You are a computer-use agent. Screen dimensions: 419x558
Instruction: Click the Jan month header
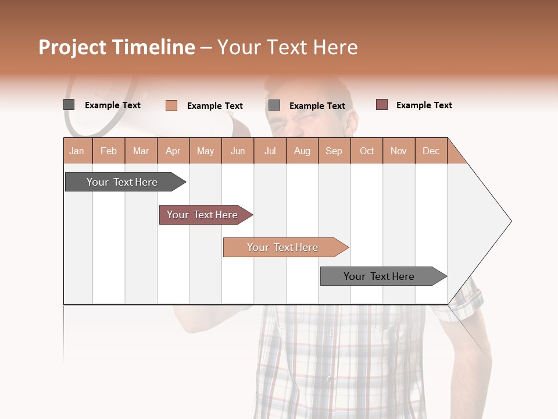tap(77, 151)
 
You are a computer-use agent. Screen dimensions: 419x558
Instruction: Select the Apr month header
tap(173, 151)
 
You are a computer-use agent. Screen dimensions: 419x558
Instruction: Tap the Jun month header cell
tap(238, 151)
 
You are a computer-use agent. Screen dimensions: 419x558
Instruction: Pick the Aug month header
tap(302, 151)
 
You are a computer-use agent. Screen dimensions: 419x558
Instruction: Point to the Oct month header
tap(367, 151)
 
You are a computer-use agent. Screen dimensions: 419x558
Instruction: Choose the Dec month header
tap(431, 151)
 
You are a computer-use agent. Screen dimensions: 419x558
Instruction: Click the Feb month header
tap(109, 151)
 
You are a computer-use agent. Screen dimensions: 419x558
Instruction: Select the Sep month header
tap(334, 151)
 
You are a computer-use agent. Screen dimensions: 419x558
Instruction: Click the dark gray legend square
tap(69, 105)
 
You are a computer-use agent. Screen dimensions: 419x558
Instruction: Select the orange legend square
tap(171, 105)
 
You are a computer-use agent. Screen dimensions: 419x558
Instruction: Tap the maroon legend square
tap(382, 105)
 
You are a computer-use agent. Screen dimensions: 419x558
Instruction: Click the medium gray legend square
tap(274, 105)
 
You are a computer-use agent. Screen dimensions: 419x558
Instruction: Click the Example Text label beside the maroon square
tap(424, 105)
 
